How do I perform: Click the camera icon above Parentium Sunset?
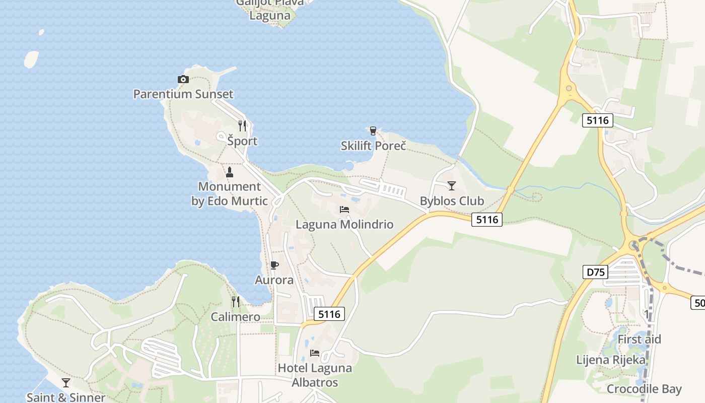point(183,79)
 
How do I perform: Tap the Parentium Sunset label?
point(183,94)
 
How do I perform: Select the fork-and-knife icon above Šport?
point(242,126)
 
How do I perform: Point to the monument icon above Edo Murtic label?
point(230,172)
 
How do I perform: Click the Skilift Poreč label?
point(373,146)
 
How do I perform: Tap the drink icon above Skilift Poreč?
point(373,131)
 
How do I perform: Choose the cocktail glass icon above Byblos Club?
point(452,185)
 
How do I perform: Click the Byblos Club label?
point(452,201)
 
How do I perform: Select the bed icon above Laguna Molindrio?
point(344,209)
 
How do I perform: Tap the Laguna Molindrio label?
point(344,224)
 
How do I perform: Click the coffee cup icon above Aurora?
point(274,265)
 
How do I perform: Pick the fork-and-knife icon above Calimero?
point(236,302)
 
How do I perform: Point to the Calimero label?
point(236,317)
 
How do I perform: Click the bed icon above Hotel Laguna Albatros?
point(315,353)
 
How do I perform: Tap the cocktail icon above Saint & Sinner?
point(66,383)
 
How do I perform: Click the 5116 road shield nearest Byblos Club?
point(487,219)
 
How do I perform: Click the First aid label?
point(639,340)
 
